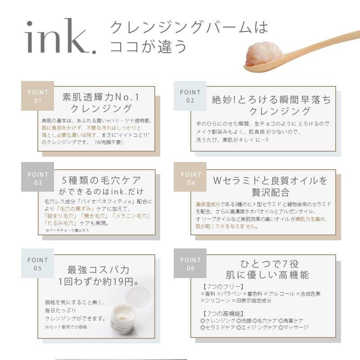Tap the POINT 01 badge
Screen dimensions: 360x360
[38, 96]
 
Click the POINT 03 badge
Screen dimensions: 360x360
[38, 178]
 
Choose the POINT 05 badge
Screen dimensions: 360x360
[38, 264]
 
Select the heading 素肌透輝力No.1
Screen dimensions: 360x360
[101, 98]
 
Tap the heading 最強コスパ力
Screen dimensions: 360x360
[98, 270]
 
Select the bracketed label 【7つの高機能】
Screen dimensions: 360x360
[224, 313]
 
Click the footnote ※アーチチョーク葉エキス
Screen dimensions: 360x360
[67, 230]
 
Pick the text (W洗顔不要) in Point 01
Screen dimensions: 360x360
[108, 142]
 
